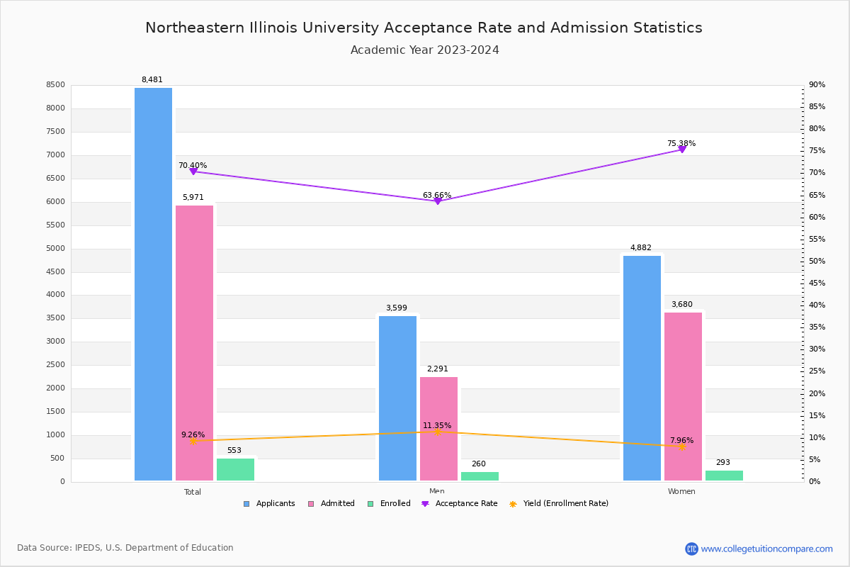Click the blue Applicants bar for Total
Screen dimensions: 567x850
pyautogui.click(x=153, y=283)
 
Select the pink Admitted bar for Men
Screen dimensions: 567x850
pyautogui.click(x=438, y=429)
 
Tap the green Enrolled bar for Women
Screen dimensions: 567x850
pyautogui.click(x=724, y=476)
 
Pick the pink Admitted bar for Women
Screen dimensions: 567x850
pyautogui.click(x=683, y=396)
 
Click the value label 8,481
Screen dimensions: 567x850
pyautogui.click(x=152, y=80)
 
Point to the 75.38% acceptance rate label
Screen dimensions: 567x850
pyautogui.click(x=681, y=144)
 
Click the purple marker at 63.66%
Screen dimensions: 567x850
pyautogui.click(x=437, y=201)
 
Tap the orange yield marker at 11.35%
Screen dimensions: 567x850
pyautogui.click(x=437, y=432)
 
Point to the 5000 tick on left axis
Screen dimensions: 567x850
pyautogui.click(x=56, y=249)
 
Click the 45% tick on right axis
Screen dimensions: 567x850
pyautogui.click(x=816, y=283)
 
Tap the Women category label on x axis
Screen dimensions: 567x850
pyautogui.click(x=681, y=492)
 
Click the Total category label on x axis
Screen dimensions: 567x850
pyautogui.click(x=192, y=492)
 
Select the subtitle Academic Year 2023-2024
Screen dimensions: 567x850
pyautogui.click(x=424, y=50)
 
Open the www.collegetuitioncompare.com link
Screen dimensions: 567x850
pyautogui.click(x=766, y=549)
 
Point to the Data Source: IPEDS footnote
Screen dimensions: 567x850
pyautogui.click(x=125, y=548)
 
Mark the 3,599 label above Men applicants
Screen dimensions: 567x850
pyautogui.click(x=396, y=308)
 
